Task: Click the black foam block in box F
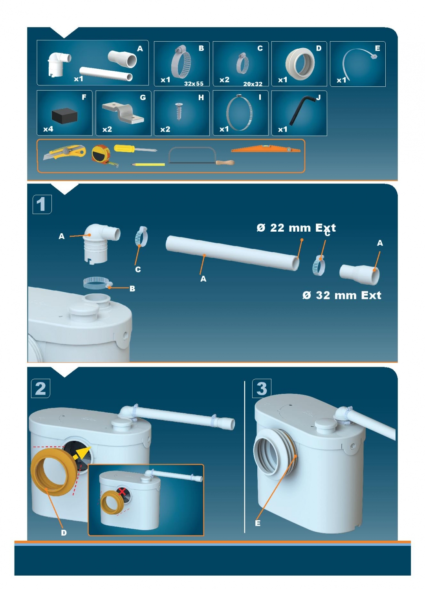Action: tap(64, 117)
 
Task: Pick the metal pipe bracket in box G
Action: tap(123, 113)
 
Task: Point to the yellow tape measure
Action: tap(103, 155)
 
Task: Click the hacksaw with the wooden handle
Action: tap(201, 155)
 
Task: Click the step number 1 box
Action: tap(42, 204)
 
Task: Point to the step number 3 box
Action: tap(262, 388)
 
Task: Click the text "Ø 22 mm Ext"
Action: tap(296, 228)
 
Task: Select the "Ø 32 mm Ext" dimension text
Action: tap(342, 295)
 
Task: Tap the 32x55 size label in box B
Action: tap(194, 84)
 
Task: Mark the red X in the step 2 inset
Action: tap(122, 491)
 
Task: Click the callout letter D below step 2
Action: tap(64, 533)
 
